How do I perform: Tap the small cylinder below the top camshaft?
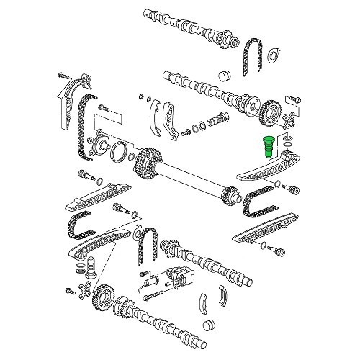pos(223,74)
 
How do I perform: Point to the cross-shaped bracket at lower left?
pos(85,292)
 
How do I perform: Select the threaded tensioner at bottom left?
pos(91,268)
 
